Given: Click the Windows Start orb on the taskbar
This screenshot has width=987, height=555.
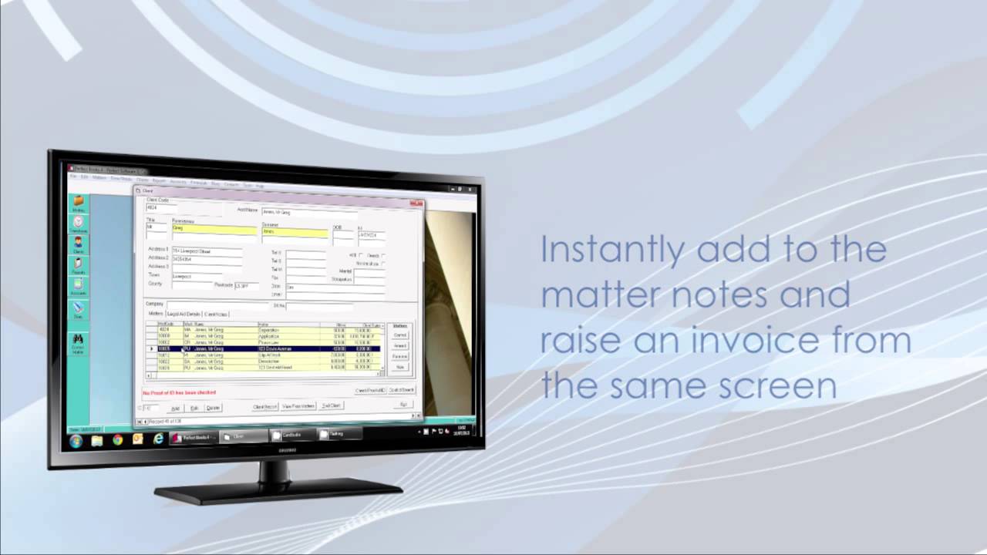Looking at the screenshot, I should tap(76, 441).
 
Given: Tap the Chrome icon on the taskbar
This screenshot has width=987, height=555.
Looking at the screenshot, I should tap(117, 440).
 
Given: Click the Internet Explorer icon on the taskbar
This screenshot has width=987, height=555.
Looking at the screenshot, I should tap(159, 439).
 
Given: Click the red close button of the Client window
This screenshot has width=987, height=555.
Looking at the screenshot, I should tap(416, 203).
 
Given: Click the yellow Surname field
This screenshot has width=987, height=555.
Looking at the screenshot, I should tap(295, 232).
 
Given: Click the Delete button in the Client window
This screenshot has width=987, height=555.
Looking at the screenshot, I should tap(213, 407).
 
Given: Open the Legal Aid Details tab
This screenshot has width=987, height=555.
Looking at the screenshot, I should tap(184, 314).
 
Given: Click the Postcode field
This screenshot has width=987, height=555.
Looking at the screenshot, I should tap(244, 285).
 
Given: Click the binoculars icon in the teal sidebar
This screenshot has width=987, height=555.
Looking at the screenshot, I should tap(78, 339).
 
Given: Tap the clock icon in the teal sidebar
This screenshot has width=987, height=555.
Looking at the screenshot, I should tap(79, 223).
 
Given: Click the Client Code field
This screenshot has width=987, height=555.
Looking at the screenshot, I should tap(161, 207).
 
